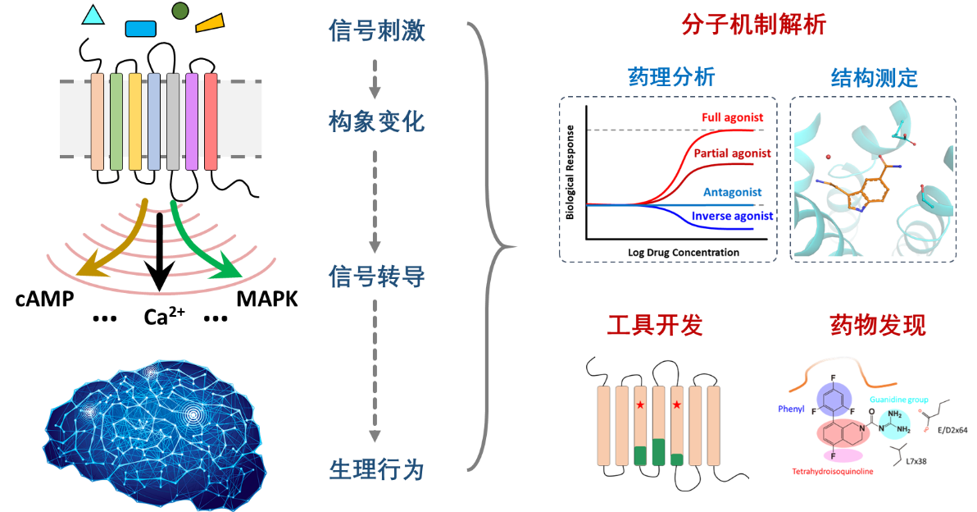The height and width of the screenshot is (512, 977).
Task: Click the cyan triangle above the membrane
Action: [93, 16]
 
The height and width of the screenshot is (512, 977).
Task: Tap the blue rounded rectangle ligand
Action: [140, 29]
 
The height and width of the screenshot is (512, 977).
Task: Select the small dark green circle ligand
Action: [180, 11]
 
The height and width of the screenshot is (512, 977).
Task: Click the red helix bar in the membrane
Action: [211, 121]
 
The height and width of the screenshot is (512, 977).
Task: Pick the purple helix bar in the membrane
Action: [192, 121]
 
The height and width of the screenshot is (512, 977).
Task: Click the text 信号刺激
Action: [376, 31]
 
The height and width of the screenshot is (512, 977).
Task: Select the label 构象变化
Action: [376, 122]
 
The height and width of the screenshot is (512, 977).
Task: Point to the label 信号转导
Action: [376, 277]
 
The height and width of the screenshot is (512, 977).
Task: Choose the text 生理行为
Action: [376, 470]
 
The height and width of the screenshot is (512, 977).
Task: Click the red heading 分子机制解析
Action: [753, 25]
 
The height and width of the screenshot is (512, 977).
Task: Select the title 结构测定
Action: [874, 78]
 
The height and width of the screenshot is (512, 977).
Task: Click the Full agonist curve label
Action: [733, 118]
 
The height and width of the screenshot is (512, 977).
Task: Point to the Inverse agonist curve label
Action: [731, 216]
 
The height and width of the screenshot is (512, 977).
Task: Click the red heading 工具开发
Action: [654, 326]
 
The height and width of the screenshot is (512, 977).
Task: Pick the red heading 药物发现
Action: [878, 326]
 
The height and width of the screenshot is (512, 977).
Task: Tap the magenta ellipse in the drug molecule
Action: [836, 455]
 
